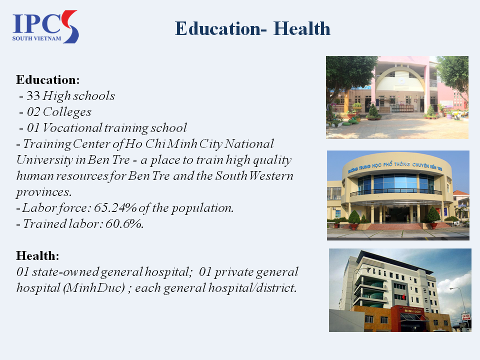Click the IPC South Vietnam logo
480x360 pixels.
[x=45, y=26]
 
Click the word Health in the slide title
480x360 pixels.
[x=302, y=29]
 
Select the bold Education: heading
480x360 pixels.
[x=48, y=79]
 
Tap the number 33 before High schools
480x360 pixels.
[x=33, y=96]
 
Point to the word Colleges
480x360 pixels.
[x=67, y=112]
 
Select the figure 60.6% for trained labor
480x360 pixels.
[x=124, y=224]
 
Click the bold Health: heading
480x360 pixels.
[x=37, y=255]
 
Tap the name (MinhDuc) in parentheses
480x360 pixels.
[x=94, y=288]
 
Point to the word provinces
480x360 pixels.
[x=44, y=192]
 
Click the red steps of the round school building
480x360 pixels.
[x=395, y=226]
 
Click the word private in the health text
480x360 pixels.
[x=234, y=272]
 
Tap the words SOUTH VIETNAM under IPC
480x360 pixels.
[x=36, y=38]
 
